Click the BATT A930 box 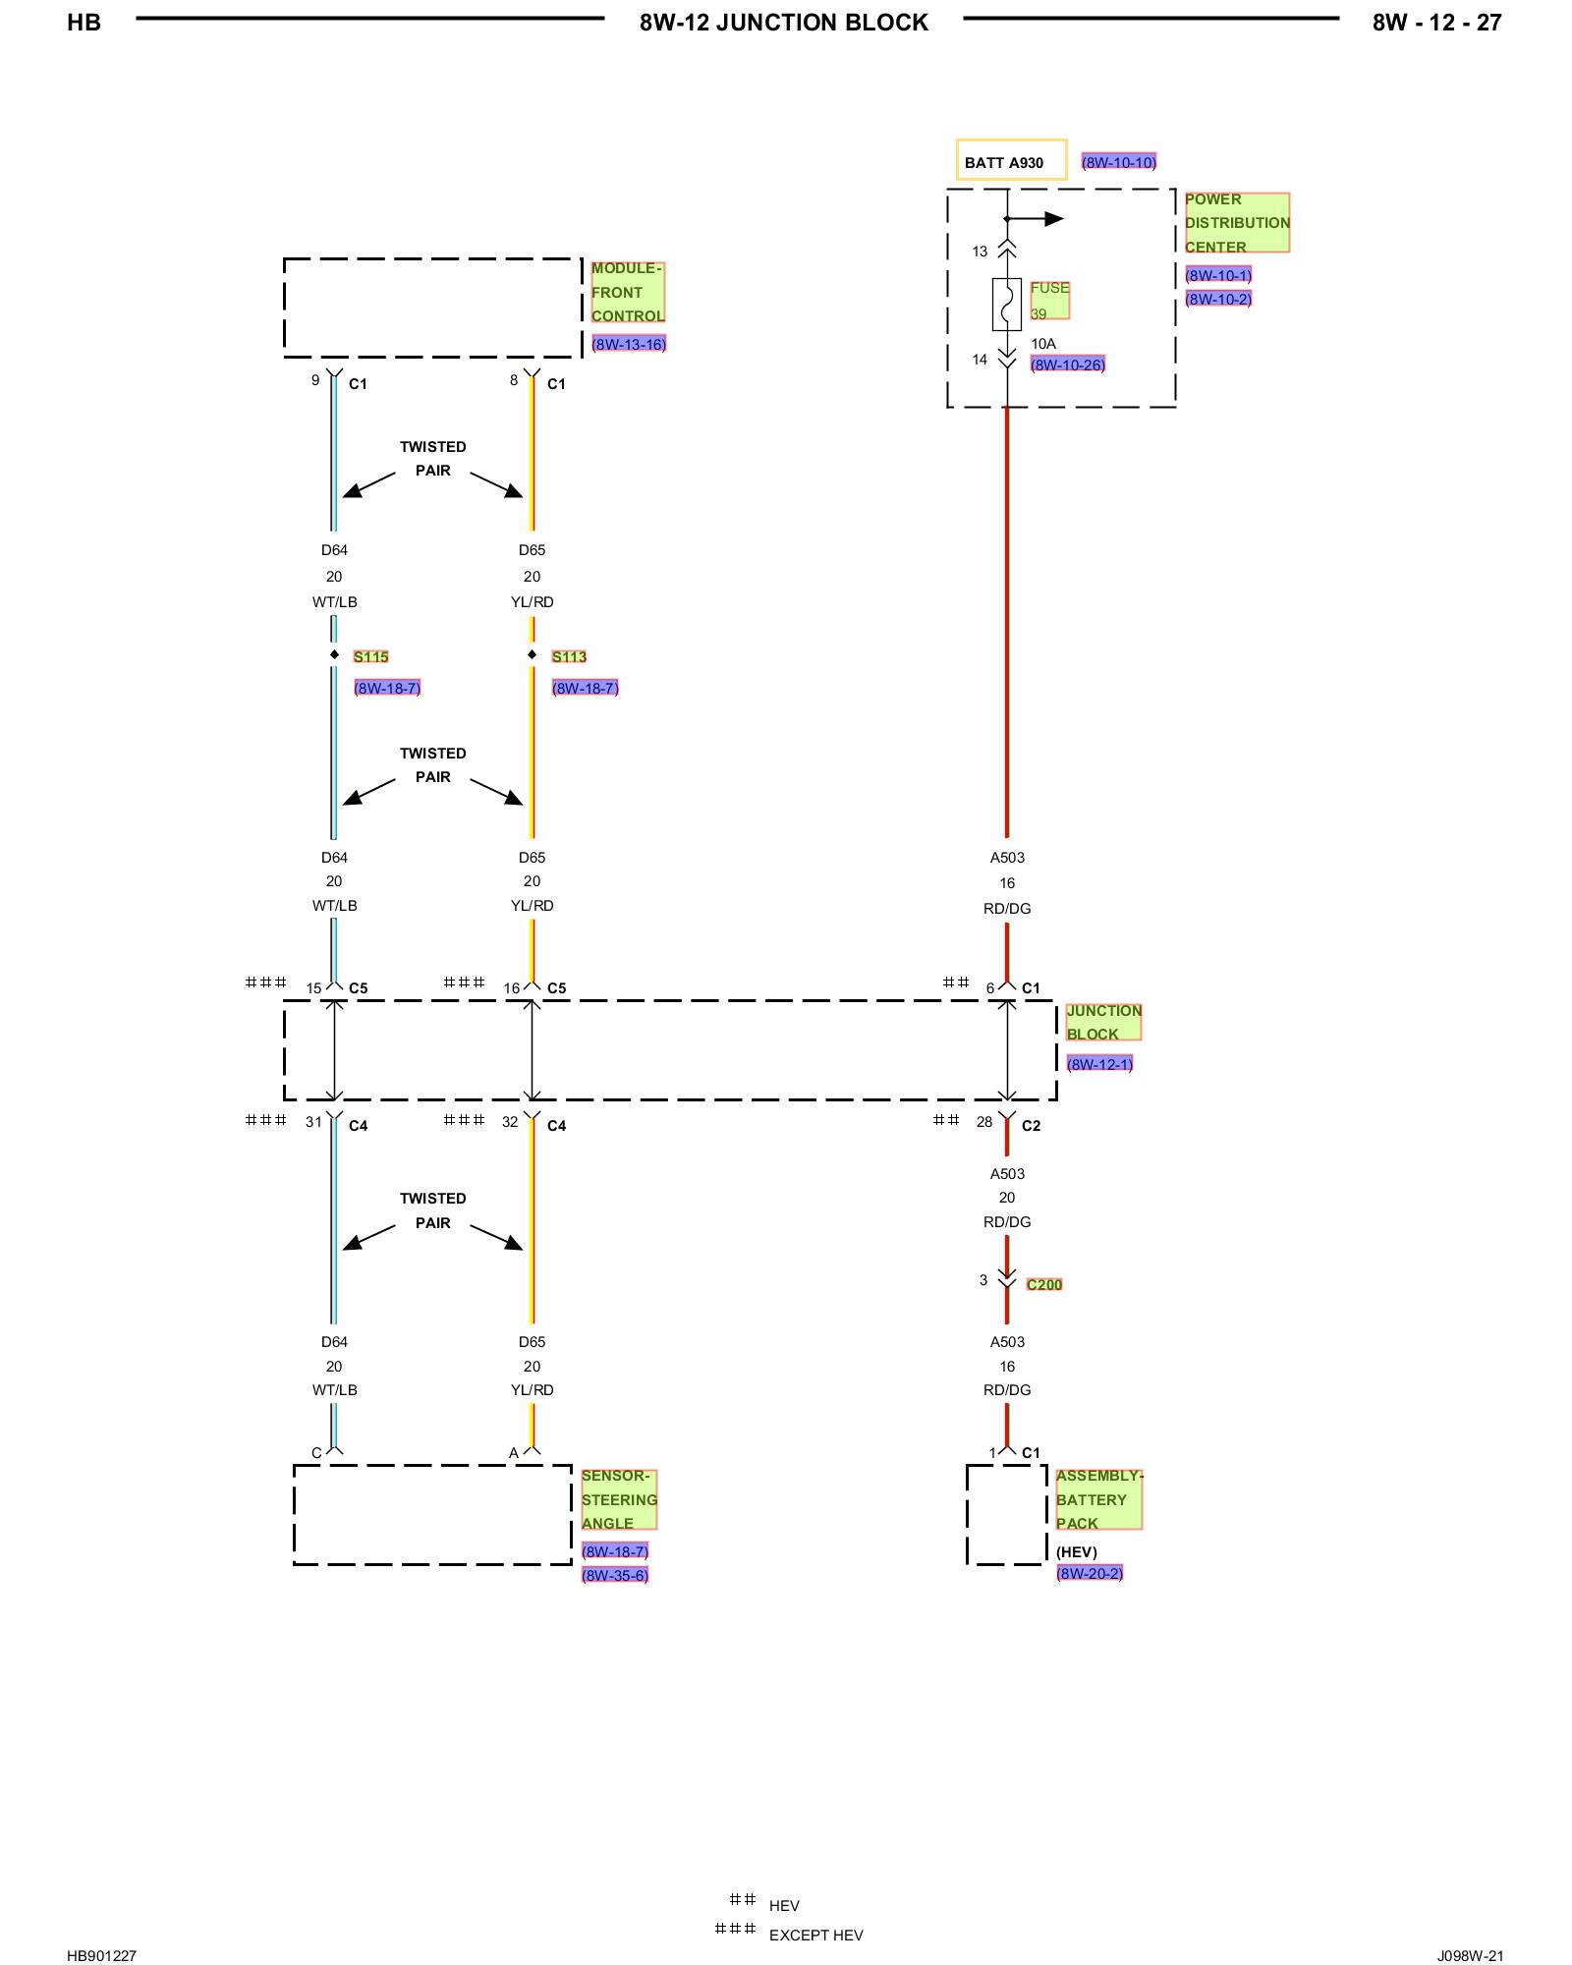point(1011,160)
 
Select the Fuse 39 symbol point(1007,304)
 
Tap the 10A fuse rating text point(1043,344)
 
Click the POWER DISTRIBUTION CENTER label point(1236,223)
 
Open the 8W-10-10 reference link point(1119,162)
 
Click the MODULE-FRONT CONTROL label point(628,292)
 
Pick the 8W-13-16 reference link point(629,344)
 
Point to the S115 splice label point(371,656)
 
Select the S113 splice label point(569,656)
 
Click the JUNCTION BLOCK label point(1103,1022)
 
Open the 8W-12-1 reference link point(1100,1064)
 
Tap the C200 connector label point(1044,1284)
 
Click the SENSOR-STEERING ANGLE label point(619,1499)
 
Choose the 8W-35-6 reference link point(615,1575)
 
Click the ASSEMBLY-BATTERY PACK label point(1099,1499)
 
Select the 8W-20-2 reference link point(1090,1573)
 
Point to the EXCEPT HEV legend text point(815,1936)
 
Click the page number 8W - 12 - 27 point(1437,23)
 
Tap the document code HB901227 point(101,1955)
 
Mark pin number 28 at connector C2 point(984,1122)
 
